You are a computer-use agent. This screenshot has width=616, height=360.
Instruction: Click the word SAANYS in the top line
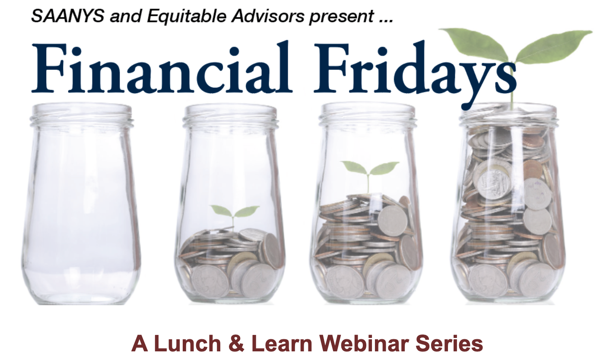pyautogui.click(x=68, y=16)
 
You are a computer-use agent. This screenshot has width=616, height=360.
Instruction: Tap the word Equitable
pyautogui.click(x=187, y=16)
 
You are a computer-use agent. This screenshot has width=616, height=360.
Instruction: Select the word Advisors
pyautogui.click(x=268, y=16)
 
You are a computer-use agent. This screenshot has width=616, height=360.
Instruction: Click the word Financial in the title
pyautogui.click(x=162, y=67)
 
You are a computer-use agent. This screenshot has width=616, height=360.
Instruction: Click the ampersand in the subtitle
pyautogui.click(x=236, y=344)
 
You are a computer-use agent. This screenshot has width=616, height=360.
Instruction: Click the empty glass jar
pyautogui.click(x=81, y=204)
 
